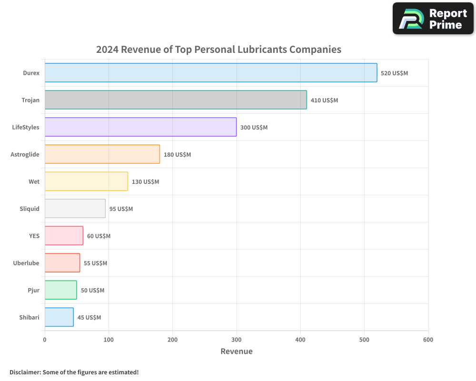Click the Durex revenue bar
point(211,73)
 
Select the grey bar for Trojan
point(176,100)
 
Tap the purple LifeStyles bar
point(140,127)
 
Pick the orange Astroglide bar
point(102,154)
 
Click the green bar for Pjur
point(60,290)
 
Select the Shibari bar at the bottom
point(59,317)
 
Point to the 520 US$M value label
point(394,73)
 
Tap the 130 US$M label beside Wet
point(145,182)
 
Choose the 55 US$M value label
point(95,263)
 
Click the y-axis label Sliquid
point(30,209)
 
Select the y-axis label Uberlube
point(26,263)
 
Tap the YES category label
point(34,236)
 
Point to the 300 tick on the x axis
point(237,340)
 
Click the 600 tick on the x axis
point(428,340)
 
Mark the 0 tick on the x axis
point(45,340)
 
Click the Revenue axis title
point(237,351)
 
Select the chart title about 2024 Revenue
point(218,50)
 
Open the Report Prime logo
point(433,19)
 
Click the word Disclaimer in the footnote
point(25,372)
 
